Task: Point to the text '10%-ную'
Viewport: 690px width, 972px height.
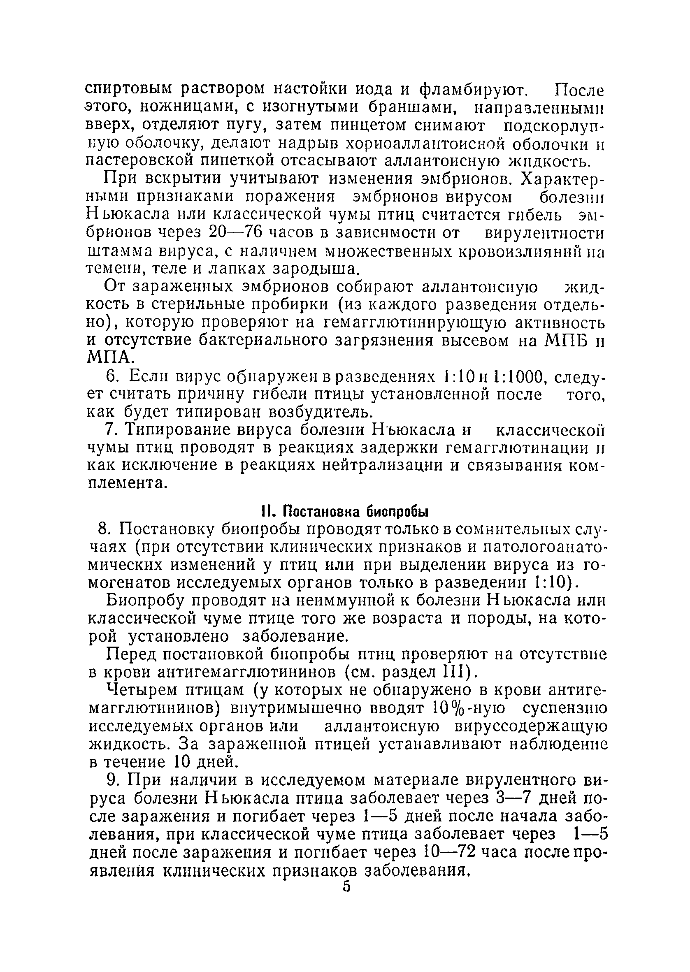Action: pyautogui.click(x=469, y=709)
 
